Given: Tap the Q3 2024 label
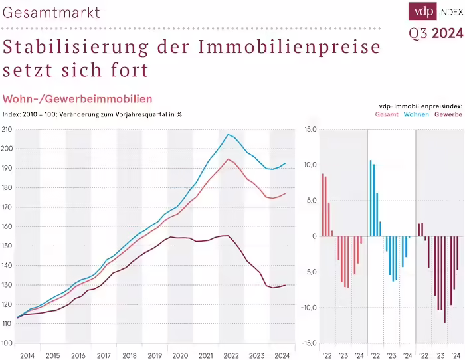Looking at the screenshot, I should tap(435, 34).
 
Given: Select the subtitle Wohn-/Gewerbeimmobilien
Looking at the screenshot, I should tap(78, 99).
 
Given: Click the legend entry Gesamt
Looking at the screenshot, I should tap(387, 114).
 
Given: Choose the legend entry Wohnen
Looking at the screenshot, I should tap(416, 114).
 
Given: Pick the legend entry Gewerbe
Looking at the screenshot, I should tap(448, 114).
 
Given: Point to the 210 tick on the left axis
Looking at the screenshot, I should tap(7, 129).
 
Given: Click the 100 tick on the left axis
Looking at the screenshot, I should tap(7, 343).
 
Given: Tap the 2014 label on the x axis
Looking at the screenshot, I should tap(27, 356).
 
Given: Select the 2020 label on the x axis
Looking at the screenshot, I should tap(180, 356).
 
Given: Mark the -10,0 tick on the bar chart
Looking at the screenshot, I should tap(310, 308).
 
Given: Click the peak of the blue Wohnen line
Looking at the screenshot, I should tap(228, 135).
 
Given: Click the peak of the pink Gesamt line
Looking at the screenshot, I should tap(228, 159).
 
